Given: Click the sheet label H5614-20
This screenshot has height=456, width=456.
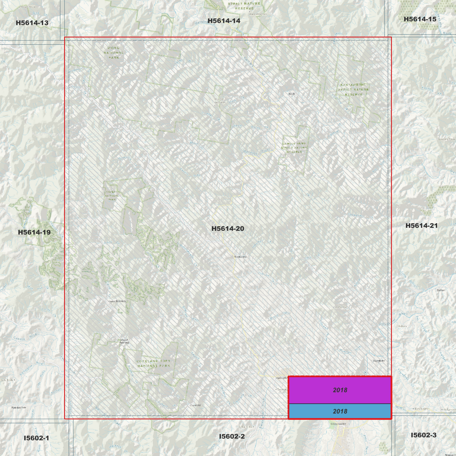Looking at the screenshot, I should click(x=228, y=228).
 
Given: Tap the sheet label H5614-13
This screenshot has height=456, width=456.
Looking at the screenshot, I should click(x=32, y=23).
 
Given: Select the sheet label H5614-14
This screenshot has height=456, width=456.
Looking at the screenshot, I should click(x=224, y=21).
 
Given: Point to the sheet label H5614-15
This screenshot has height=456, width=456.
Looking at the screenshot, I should click(x=420, y=19).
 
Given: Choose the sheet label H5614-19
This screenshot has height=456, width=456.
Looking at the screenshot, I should click(x=34, y=232).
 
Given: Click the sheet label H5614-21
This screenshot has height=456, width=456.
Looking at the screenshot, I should click(x=421, y=226).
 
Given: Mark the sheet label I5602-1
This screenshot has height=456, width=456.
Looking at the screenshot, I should click(x=36, y=438).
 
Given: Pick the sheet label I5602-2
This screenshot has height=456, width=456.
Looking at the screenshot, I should click(x=232, y=436).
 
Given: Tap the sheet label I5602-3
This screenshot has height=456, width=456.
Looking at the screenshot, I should click(x=423, y=435).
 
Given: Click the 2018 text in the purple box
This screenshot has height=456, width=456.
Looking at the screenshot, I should click(x=340, y=390).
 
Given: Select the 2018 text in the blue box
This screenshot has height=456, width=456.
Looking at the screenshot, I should click(x=340, y=411).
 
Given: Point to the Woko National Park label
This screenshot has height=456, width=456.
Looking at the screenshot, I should click(x=114, y=53).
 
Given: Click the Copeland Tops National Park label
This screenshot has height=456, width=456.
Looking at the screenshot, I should click(x=153, y=364).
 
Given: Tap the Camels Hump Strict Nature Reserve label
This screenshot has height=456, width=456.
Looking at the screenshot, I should click(x=294, y=148).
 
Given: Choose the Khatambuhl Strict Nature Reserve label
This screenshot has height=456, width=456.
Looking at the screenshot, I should click(x=353, y=90).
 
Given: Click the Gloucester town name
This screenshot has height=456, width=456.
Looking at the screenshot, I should click(x=338, y=424).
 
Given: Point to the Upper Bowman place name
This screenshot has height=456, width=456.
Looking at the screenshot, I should click(x=117, y=301).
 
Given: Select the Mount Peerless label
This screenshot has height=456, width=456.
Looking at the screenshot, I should click(x=124, y=341).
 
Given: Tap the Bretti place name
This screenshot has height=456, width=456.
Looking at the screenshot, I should click(x=292, y=94).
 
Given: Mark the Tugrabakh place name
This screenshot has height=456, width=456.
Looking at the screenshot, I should click(x=379, y=361).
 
